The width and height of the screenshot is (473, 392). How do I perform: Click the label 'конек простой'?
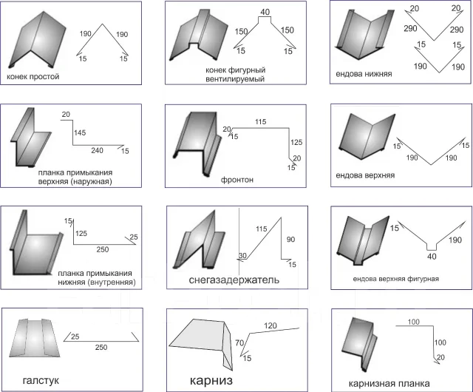coord(33,77)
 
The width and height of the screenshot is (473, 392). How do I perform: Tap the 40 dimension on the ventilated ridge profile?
coord(265,12)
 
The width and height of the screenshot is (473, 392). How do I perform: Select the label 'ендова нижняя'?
coord(364,74)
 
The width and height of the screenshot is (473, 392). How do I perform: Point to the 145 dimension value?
coord(80,132)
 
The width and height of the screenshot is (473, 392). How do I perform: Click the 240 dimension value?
coord(97,150)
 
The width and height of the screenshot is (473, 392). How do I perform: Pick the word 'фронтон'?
coord(237,180)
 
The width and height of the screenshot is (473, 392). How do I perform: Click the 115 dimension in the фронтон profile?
coord(261,122)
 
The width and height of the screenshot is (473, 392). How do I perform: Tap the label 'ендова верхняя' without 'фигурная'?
coord(365,175)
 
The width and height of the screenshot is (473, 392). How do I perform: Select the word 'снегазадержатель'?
coord(234,280)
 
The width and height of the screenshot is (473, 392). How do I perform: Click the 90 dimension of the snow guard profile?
coord(290,240)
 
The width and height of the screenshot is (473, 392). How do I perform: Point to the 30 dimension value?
coord(242,255)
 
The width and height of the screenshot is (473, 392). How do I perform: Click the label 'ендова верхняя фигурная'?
coord(396,279)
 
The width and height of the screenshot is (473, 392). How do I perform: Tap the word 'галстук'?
coord(41,380)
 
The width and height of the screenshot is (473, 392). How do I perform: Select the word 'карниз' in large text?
coord(211,380)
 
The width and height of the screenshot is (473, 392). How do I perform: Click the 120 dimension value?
coord(270,326)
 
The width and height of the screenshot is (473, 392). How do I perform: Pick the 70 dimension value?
coord(239,343)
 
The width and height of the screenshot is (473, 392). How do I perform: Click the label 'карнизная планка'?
coord(389,384)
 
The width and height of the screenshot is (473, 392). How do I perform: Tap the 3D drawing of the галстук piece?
coord(35,338)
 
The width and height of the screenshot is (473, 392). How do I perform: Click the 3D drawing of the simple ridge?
coord(38,39)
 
